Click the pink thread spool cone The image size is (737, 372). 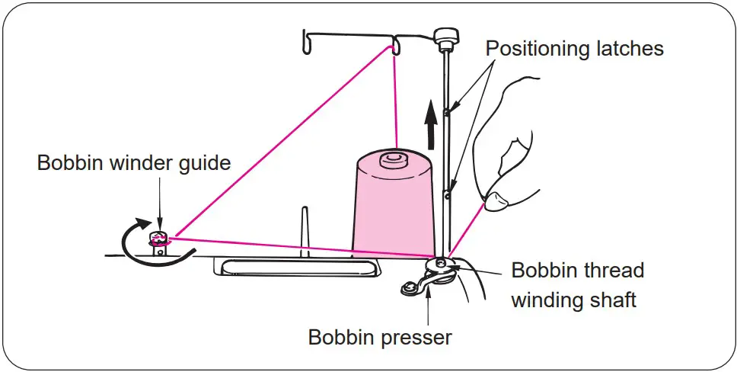(x=390, y=206)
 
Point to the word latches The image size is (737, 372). (x=628, y=49)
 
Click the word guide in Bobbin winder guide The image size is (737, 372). (x=203, y=163)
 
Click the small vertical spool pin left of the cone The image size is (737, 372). (x=304, y=229)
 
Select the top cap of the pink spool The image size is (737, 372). (x=393, y=159)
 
